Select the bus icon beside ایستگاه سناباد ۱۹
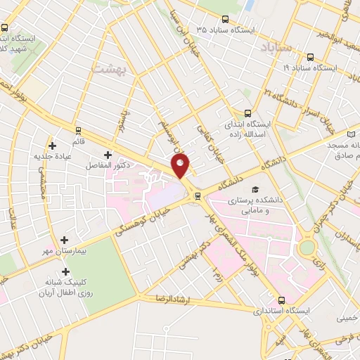click(309, 56)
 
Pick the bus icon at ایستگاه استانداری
click(282, 299)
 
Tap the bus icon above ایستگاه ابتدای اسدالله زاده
click(247, 112)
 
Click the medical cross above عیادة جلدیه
click(52, 145)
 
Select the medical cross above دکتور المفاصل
click(107, 155)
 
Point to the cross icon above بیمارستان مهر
click(65, 240)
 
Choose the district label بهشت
click(108, 67)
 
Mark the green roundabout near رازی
click(307, 248)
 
